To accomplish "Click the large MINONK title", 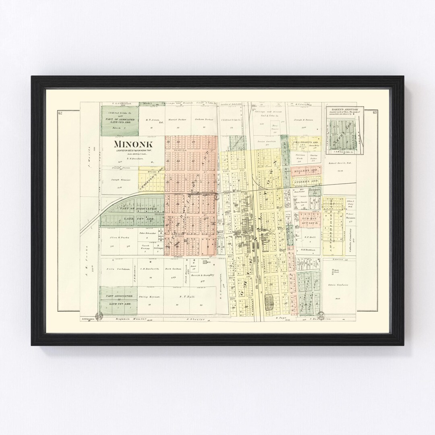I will point(130,144).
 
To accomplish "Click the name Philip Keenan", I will point(150,297).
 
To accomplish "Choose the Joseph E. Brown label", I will point(303,120).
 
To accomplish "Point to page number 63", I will point(375,112).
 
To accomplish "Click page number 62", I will point(60,112).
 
